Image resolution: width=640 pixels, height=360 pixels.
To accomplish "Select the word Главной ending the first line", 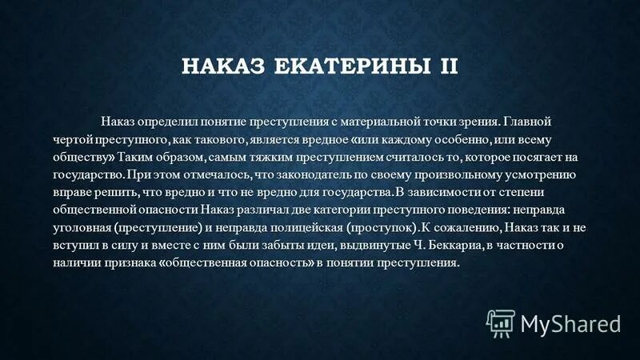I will [x=530, y=122].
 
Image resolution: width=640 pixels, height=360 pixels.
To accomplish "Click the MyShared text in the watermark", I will [x=570, y=323].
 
